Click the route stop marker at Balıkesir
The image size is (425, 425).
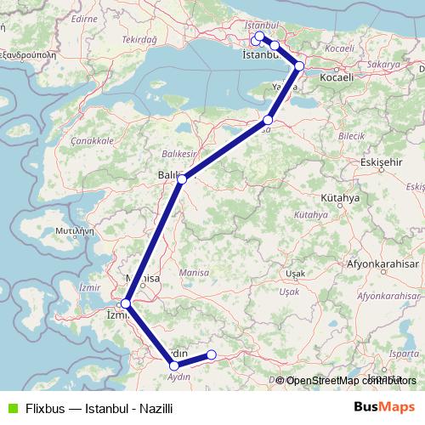[x=182, y=179]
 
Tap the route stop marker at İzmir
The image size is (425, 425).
[x=126, y=303]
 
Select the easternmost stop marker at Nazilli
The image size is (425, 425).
[x=212, y=355]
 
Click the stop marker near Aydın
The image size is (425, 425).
[x=174, y=366]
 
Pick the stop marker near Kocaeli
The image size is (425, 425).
[x=299, y=65]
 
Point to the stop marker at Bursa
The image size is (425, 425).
[x=269, y=121]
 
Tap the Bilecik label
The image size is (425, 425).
[x=351, y=135]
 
